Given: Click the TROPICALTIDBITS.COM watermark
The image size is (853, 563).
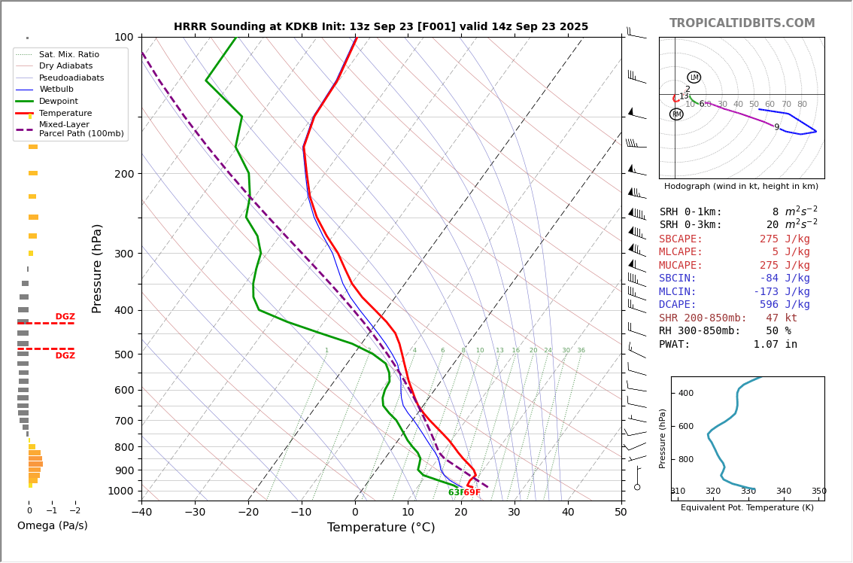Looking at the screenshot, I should (x=742, y=23).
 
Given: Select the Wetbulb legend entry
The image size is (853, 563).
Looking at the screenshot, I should (x=58, y=90).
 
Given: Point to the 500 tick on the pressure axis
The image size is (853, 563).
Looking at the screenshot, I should (x=123, y=355).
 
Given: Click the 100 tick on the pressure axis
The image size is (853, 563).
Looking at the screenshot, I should (x=123, y=37).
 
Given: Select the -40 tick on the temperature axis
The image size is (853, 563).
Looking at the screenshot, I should (x=141, y=513).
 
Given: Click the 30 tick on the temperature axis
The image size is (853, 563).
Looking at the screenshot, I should (x=514, y=513).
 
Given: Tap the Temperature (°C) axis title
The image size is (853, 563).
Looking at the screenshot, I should (x=381, y=528).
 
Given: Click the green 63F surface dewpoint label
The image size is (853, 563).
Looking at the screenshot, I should (x=456, y=493).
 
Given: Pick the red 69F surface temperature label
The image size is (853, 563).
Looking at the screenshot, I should (x=472, y=493).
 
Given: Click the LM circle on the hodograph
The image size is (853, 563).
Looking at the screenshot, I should (x=694, y=78).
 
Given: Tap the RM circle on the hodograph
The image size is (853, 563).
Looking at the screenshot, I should (x=676, y=114).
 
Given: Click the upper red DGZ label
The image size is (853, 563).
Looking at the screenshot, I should (x=65, y=317).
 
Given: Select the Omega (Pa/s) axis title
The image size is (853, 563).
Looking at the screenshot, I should (x=52, y=526).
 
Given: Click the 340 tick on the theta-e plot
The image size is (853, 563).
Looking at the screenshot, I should (x=783, y=491).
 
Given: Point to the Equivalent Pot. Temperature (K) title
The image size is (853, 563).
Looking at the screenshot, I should (x=747, y=508).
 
